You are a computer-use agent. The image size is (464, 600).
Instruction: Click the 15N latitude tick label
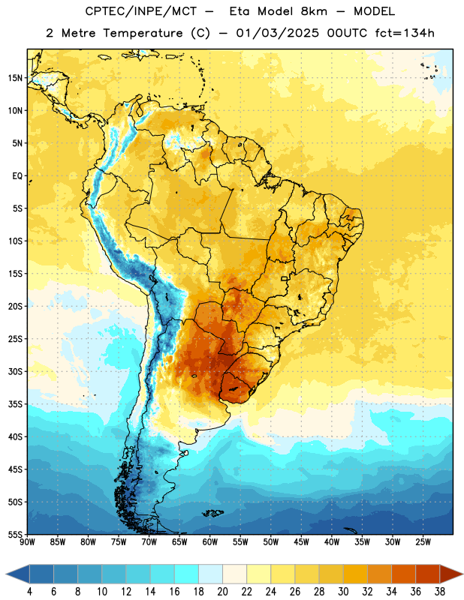pos(15,78)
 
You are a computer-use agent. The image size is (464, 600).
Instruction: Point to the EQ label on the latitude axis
pos(17,176)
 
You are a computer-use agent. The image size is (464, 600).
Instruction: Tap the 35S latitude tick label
pos(15,404)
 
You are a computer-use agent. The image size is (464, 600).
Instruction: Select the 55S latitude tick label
pos(15,535)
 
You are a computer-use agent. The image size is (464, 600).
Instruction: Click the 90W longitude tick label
pos(27,542)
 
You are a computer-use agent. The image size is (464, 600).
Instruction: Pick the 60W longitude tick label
pos(210,542)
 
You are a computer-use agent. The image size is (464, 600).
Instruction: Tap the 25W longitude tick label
pos(423,542)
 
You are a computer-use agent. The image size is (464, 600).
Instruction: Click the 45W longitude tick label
pos(301,542)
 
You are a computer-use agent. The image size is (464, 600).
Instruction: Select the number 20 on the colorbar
pos(222,592)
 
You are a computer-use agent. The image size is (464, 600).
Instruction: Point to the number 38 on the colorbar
pos(439,592)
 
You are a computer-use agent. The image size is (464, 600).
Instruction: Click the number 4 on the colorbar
pos(29,592)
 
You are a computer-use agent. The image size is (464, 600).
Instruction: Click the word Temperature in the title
pos(143,33)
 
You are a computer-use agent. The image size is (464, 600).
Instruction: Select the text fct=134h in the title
pos(405,33)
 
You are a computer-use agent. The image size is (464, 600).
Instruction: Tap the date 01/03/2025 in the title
pos(277,33)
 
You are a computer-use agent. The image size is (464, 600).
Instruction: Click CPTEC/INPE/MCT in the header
pos(141,11)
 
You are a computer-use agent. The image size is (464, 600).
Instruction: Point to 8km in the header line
pos(314,11)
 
